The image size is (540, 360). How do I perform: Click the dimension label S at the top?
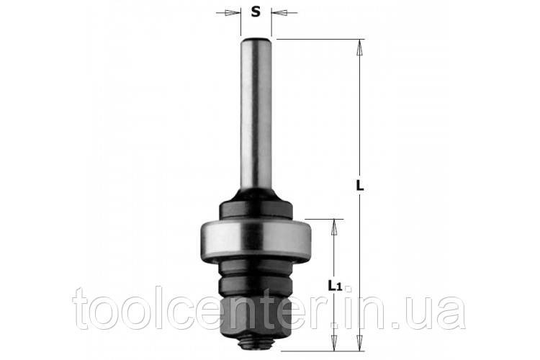click(x=255, y=12)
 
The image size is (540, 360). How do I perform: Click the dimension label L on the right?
click(x=360, y=186)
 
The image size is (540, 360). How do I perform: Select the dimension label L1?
click(x=334, y=285)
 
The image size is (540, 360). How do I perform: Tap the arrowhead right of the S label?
click(x=279, y=13)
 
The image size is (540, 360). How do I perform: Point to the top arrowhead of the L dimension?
click(x=360, y=48)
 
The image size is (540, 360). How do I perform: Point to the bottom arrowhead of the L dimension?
click(x=360, y=343)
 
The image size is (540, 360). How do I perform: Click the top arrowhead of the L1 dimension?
click(x=334, y=227)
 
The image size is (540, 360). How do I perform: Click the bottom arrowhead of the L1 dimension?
click(x=334, y=343)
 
